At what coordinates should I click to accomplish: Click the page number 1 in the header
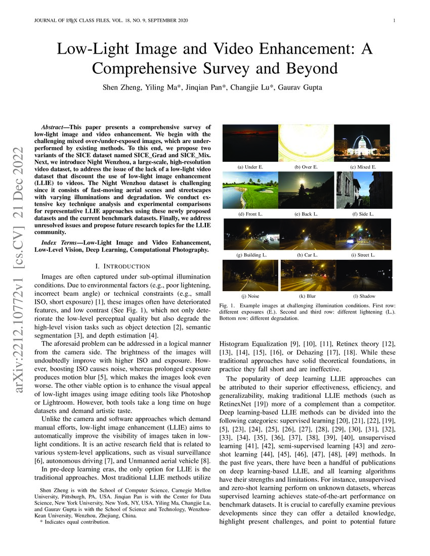393,21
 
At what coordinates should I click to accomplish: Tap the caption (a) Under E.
250,166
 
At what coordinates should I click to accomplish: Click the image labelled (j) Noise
250,275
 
